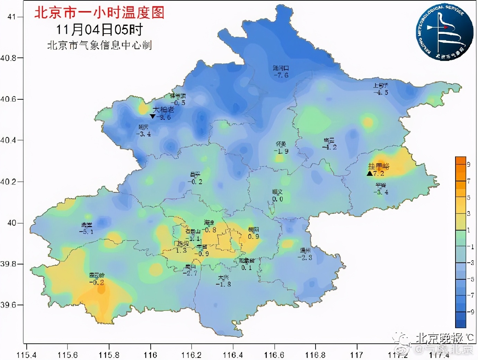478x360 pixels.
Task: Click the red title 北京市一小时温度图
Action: (x=99, y=13)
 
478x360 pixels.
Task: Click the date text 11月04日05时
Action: (x=99, y=30)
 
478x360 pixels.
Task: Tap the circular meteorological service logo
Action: (x=444, y=33)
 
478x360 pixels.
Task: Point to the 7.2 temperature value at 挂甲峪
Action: (x=379, y=173)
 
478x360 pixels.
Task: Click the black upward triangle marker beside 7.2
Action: (x=370, y=173)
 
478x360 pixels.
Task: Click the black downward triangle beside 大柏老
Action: (x=152, y=117)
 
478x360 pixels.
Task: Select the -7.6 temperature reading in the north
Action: (x=281, y=75)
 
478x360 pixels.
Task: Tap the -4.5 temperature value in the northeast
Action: (x=381, y=93)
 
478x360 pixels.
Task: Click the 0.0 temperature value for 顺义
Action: (x=277, y=199)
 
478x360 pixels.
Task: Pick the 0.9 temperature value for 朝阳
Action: (x=254, y=236)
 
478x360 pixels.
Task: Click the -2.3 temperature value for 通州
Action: (x=305, y=258)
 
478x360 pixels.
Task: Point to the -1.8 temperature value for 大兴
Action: (x=223, y=284)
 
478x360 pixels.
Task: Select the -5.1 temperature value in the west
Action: (x=86, y=232)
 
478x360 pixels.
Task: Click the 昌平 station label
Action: (x=195, y=175)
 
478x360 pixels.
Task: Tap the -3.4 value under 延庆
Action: (x=143, y=134)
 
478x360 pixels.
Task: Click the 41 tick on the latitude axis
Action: (x=12, y=17)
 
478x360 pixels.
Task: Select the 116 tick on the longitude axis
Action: (x=150, y=355)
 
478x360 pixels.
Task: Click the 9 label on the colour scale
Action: (x=469, y=164)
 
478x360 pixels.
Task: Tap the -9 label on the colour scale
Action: (x=470, y=312)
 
